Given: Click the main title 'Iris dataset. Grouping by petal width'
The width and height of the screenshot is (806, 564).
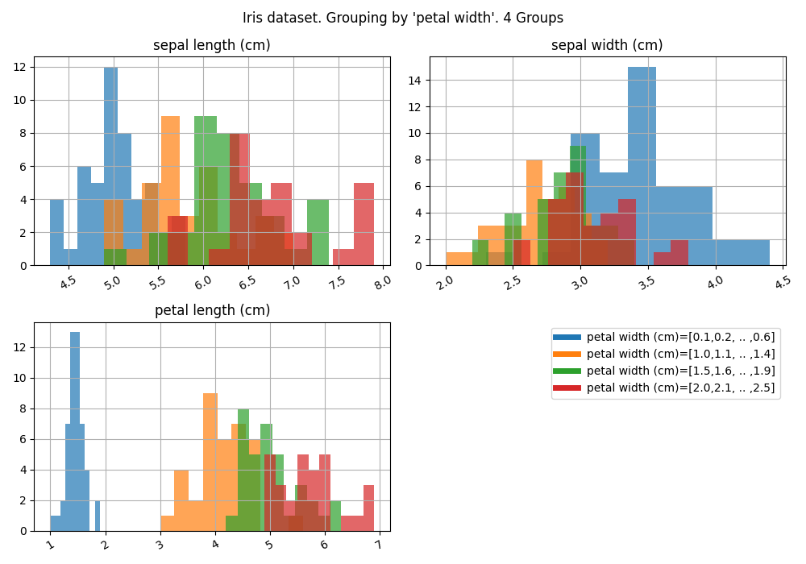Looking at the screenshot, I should [x=403, y=18].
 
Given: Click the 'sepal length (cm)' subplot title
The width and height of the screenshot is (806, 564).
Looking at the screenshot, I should [x=212, y=46].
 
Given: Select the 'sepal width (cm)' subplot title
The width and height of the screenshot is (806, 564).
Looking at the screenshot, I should [x=607, y=46].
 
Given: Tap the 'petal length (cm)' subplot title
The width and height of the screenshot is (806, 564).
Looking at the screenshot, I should [x=212, y=311].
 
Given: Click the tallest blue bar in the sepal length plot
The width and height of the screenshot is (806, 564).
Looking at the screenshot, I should [x=110, y=161].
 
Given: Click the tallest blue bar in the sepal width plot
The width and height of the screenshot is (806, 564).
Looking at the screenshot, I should [x=642, y=161].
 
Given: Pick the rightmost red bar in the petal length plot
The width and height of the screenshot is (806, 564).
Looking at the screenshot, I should [x=368, y=508].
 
